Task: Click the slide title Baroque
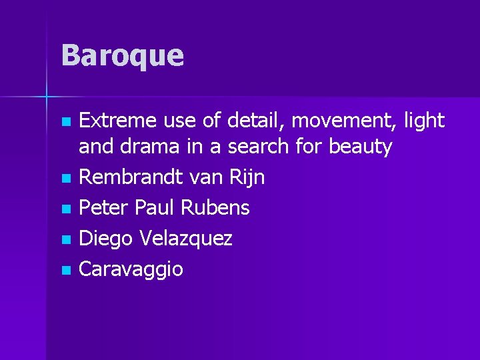pyautogui.click(x=122, y=55)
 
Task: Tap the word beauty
pyautogui.click(x=361, y=147)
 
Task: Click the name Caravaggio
pyautogui.click(x=131, y=269)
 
